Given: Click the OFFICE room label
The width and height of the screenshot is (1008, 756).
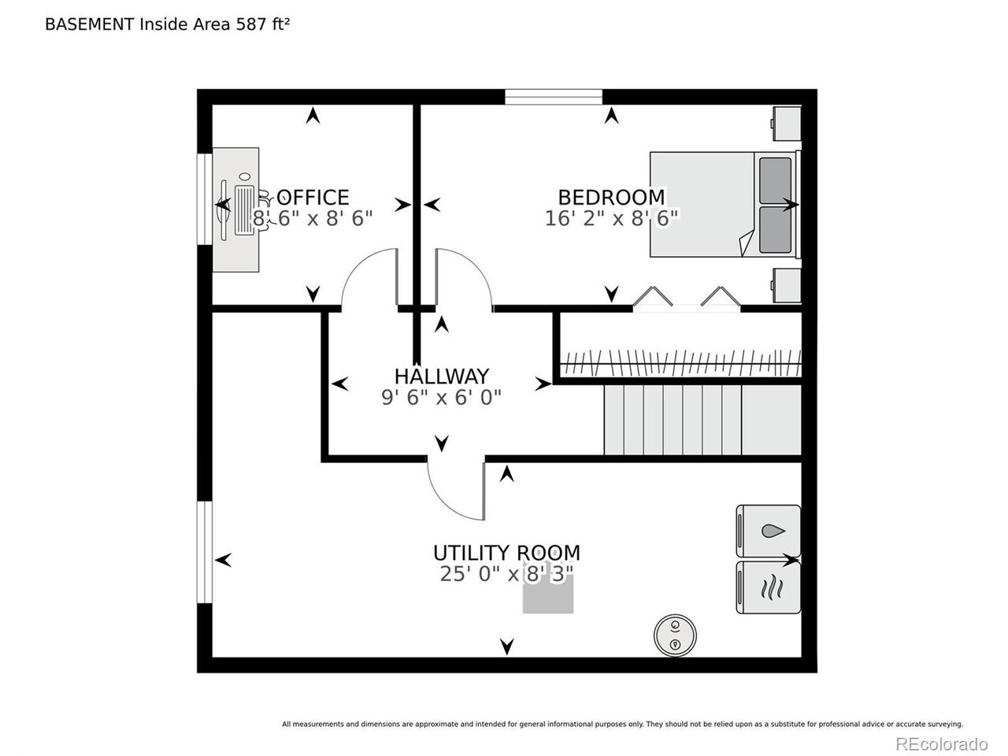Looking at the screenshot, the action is [x=313, y=198].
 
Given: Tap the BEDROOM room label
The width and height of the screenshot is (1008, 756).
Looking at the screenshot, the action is [x=611, y=198].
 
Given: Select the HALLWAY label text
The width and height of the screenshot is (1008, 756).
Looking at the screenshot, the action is [x=441, y=376].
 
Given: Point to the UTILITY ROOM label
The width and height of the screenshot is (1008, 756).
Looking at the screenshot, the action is [x=506, y=553].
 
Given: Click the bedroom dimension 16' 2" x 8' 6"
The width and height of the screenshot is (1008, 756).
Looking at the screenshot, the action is [x=611, y=218].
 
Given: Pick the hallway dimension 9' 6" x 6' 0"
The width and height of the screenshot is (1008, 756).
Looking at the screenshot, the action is [x=441, y=397].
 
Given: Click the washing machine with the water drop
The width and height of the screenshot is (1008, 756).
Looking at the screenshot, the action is [x=769, y=532].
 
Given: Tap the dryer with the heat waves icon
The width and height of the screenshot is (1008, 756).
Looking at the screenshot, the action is [x=769, y=587].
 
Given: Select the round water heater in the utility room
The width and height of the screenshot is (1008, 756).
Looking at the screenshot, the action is [x=675, y=636].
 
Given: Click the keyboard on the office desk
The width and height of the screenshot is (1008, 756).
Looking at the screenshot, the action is [x=244, y=211].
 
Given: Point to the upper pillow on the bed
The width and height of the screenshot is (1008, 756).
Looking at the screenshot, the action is [x=775, y=180].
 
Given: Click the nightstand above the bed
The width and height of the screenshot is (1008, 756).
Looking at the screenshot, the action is [x=786, y=124].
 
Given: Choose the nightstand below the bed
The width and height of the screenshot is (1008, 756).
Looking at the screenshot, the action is [x=786, y=286].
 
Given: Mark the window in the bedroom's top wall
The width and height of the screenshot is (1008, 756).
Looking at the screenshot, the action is [x=554, y=97].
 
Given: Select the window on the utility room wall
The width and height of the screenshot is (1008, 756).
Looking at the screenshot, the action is [x=205, y=552].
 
